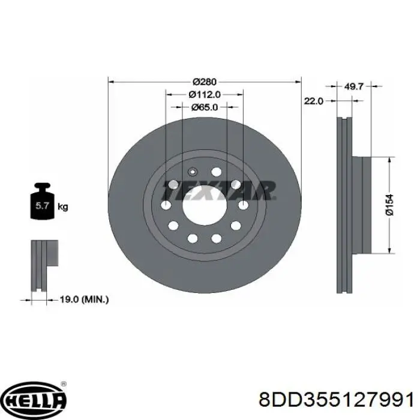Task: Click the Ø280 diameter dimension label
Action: pyautogui.click(x=205, y=81)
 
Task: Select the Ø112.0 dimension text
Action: pyautogui.click(x=205, y=94)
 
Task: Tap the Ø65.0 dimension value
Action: pyautogui.click(x=205, y=107)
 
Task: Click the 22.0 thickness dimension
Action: pyautogui.click(x=314, y=101)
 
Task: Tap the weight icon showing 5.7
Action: pyautogui.click(x=42, y=205)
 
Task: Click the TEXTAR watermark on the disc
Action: pyautogui.click(x=219, y=190)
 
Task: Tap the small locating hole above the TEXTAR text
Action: pyautogui.click(x=193, y=170)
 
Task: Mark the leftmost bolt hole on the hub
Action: pyautogui.click(x=166, y=206)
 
